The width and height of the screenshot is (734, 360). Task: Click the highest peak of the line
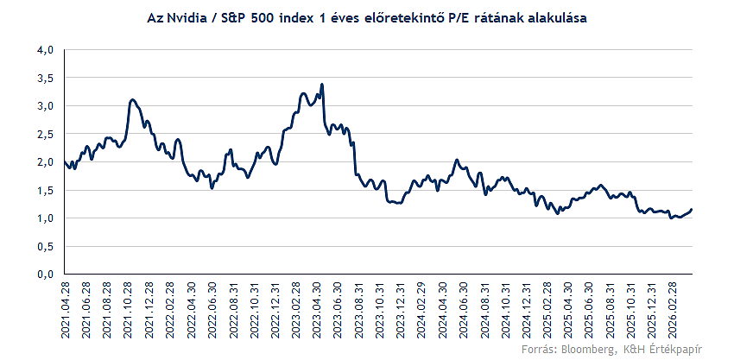point(322,85)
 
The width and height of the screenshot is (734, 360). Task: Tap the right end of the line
point(692,210)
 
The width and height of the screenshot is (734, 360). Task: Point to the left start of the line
point(65,161)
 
